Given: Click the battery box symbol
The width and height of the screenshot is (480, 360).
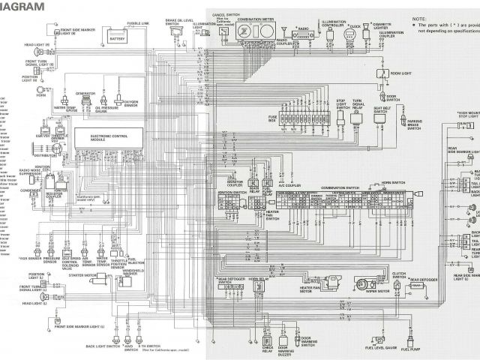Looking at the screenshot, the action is tap(118, 37).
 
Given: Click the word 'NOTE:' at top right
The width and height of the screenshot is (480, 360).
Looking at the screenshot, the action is tap(419, 16).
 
